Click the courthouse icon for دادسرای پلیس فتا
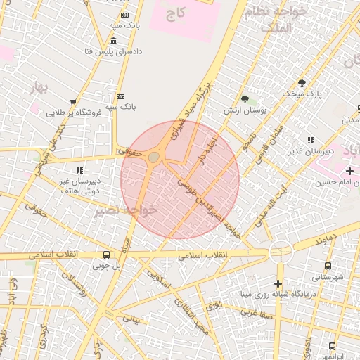tap(113, 41)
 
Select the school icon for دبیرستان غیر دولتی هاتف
tap(80, 170)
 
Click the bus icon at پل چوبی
tap(106, 255)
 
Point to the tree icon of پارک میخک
tap(302, 82)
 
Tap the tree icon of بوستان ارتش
tap(245, 99)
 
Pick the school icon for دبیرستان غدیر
tap(311, 141)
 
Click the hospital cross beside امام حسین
tap(349, 171)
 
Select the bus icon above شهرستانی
tap(328, 266)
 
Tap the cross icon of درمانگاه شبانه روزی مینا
tap(278, 283)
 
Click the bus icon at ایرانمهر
tap(332, 346)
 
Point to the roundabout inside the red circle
tap(153, 157)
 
